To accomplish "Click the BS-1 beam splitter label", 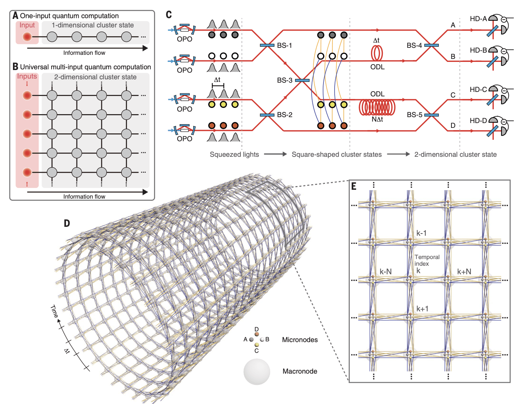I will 284,46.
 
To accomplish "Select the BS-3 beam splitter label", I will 285,80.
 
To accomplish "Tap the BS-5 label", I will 414,115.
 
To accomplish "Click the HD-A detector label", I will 478,19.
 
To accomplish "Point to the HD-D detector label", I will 478,121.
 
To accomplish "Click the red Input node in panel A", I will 27,37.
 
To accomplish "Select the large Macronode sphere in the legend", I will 257,371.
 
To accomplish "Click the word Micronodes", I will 300,340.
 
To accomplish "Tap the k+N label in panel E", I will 464,272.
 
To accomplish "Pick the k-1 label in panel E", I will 421,233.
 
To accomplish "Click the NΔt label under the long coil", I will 377,119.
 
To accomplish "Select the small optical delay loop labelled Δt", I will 377,53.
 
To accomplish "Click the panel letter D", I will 67,223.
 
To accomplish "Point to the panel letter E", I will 354,186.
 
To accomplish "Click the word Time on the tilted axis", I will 55,311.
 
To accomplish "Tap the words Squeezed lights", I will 234,155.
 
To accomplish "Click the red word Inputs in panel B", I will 27,76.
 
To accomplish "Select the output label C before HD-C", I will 453,95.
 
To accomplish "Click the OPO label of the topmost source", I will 184,39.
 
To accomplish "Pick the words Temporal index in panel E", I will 427,260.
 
